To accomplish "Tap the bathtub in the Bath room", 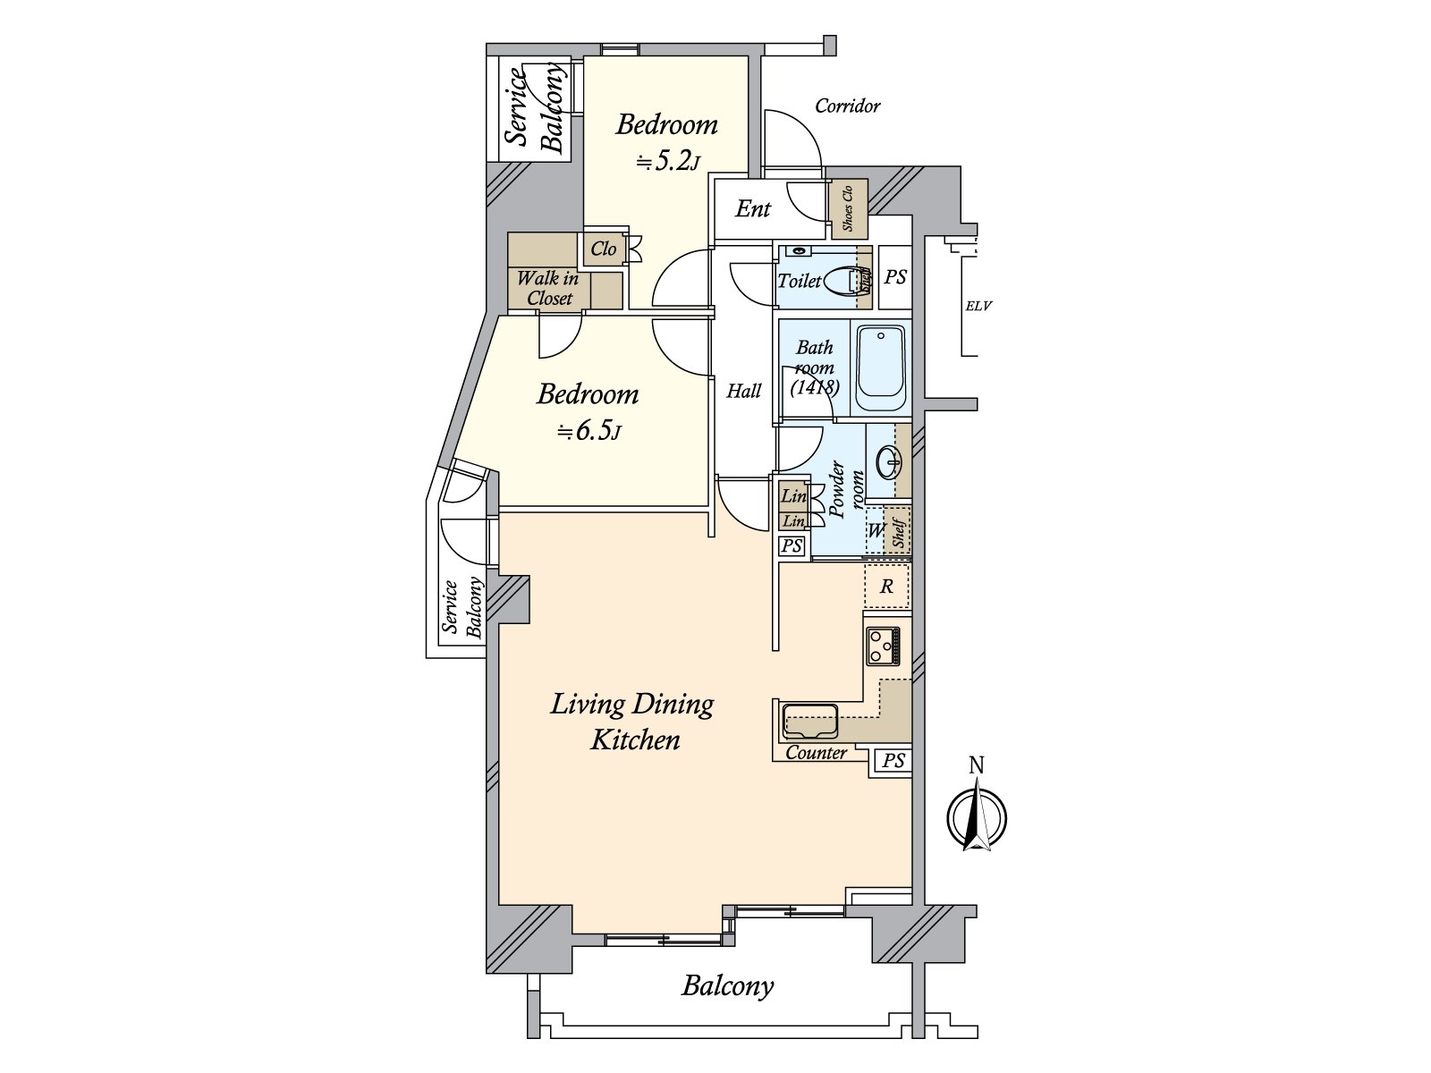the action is click(881, 368).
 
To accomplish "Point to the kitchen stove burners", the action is click(883, 646).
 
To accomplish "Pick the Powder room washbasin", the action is click(889, 463).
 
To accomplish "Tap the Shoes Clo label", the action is click(848, 208).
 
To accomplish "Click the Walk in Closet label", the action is click(548, 288).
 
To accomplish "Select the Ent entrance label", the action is click(753, 208).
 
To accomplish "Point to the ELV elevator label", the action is click(978, 306).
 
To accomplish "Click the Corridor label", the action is click(848, 106).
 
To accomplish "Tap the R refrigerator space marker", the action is click(886, 587).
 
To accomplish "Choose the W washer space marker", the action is click(875, 530).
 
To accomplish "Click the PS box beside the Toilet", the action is click(895, 277).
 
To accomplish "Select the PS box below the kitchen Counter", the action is click(893, 760).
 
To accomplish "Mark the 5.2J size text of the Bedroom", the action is click(667, 162).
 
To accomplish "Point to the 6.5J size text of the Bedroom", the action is click(588, 431).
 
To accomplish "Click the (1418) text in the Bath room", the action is click(815, 388).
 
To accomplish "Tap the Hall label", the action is click(744, 391).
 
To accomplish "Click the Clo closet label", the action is click(604, 249).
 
